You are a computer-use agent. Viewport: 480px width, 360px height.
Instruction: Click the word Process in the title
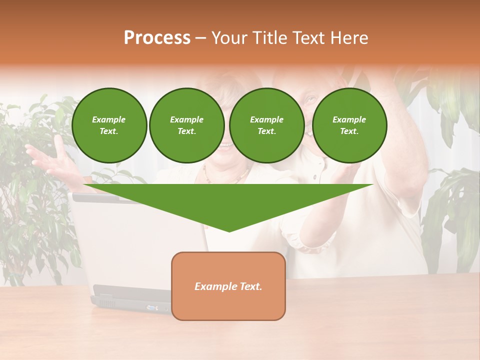(157, 38)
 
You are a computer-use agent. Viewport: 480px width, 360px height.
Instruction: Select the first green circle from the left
(109, 125)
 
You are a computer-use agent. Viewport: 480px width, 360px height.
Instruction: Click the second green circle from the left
(186, 125)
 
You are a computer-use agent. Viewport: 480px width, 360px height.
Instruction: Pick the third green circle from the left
(266, 125)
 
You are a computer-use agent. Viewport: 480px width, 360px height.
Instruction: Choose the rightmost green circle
(349, 125)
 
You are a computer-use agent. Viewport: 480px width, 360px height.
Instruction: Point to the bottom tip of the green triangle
(229, 231)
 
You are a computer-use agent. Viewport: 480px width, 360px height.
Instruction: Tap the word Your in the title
(230, 38)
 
